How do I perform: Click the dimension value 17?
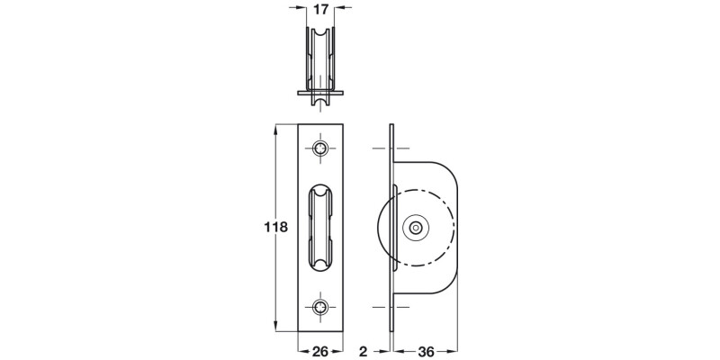[319, 12]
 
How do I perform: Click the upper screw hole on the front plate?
[321, 148]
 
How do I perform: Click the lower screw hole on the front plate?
[321, 307]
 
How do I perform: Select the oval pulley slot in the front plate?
[321, 227]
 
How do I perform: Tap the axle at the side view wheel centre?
[415, 229]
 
